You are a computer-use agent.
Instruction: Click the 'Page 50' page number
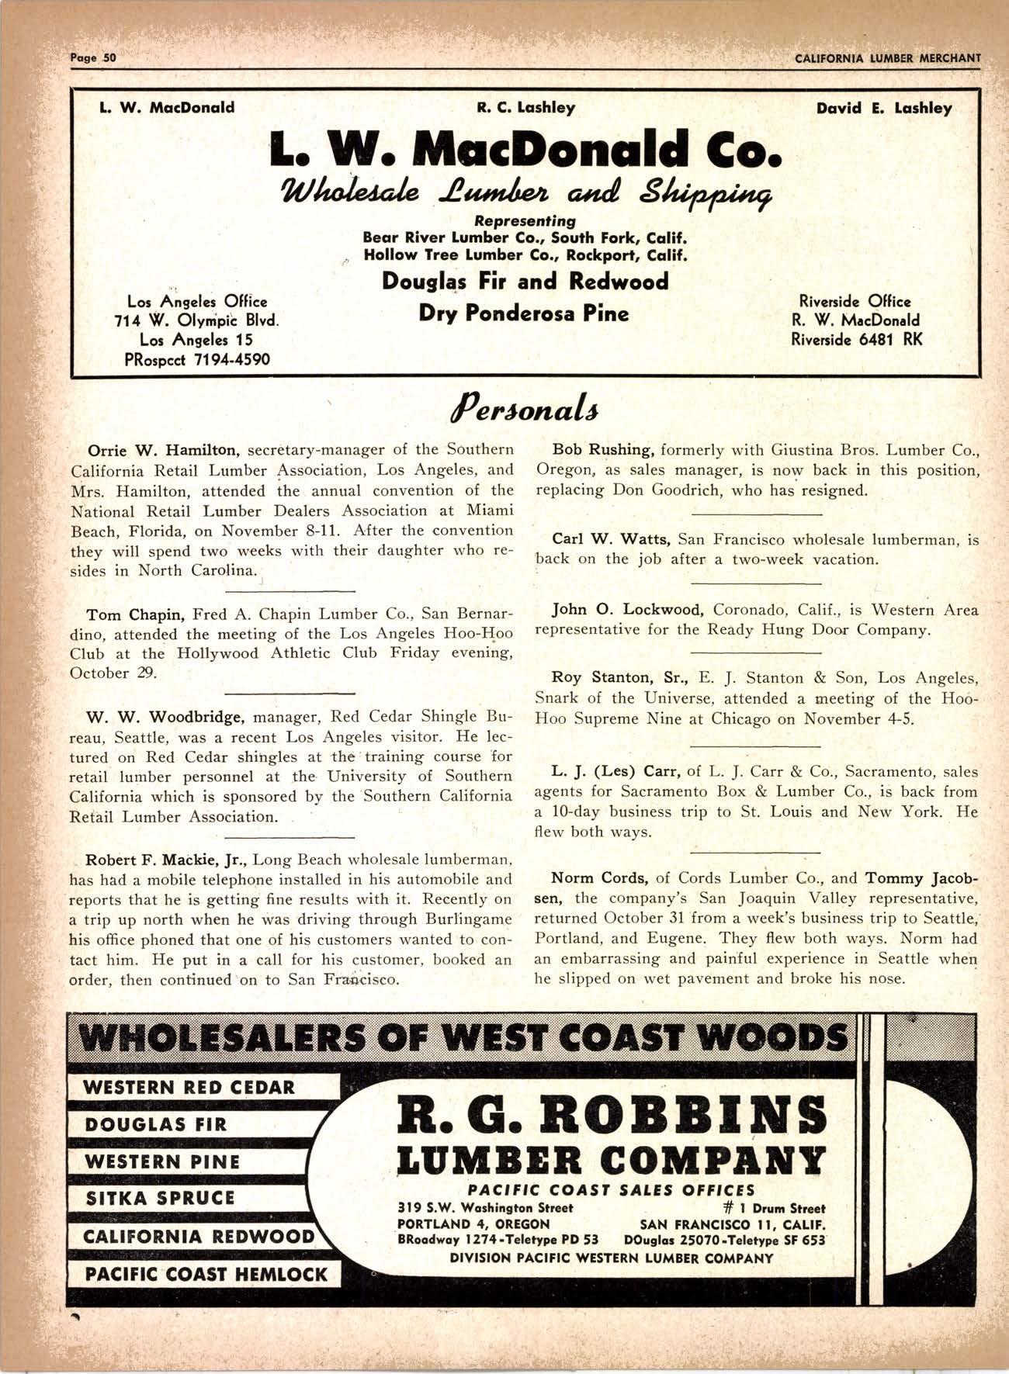92,57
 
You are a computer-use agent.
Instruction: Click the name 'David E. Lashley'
884,109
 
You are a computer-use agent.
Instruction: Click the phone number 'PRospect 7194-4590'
196,359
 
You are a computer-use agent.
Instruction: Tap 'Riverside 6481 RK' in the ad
857,339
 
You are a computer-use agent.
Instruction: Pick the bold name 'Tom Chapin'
134,616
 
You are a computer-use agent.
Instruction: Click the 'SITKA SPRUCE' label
160,1198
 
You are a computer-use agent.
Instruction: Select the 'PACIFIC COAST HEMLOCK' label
206,1275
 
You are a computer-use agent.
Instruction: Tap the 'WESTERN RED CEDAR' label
189,1087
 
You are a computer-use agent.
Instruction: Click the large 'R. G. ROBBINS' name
612,1116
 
